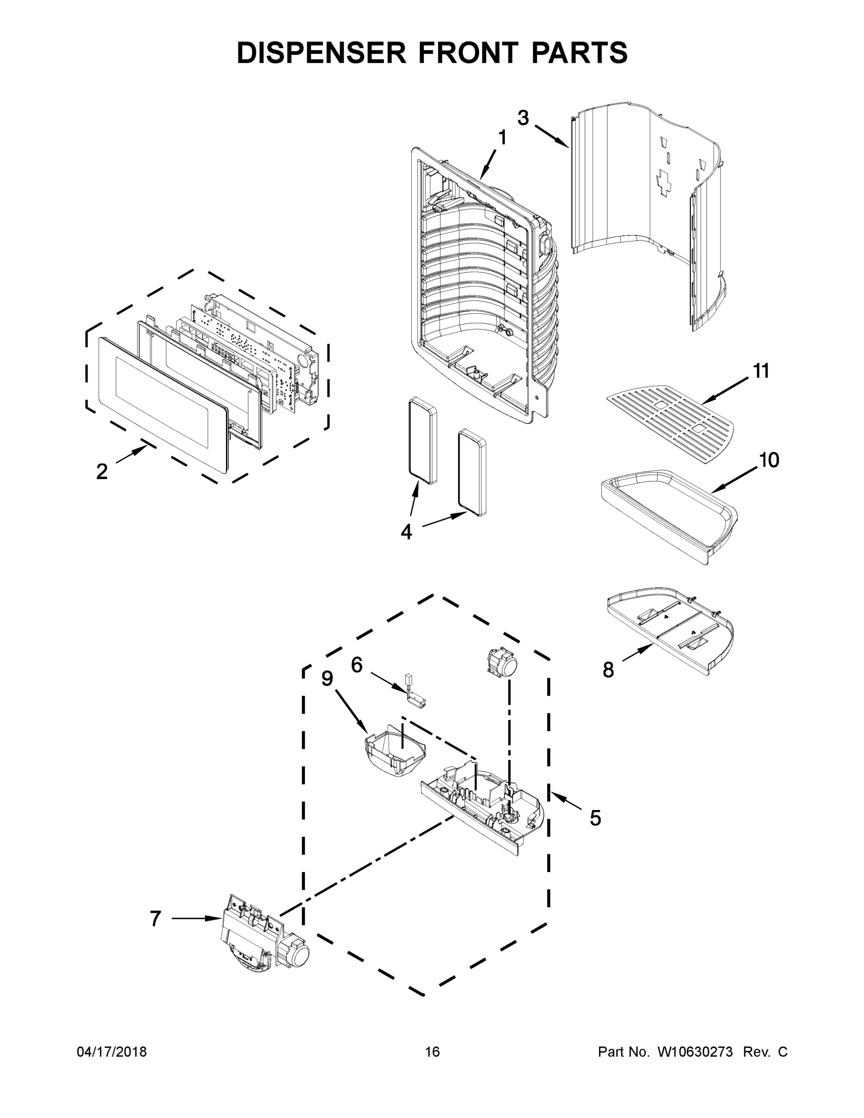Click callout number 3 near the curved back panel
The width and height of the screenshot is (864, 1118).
point(523,118)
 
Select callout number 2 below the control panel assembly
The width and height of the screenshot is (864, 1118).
point(102,471)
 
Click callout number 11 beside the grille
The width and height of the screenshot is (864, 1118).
point(762,371)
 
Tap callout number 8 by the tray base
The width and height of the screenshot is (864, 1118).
point(608,669)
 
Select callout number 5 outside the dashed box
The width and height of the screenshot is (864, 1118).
point(595,818)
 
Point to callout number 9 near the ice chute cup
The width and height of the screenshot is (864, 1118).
point(327,678)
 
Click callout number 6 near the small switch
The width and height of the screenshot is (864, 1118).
point(357,665)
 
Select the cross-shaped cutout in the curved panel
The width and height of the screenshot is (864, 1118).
point(664,183)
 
